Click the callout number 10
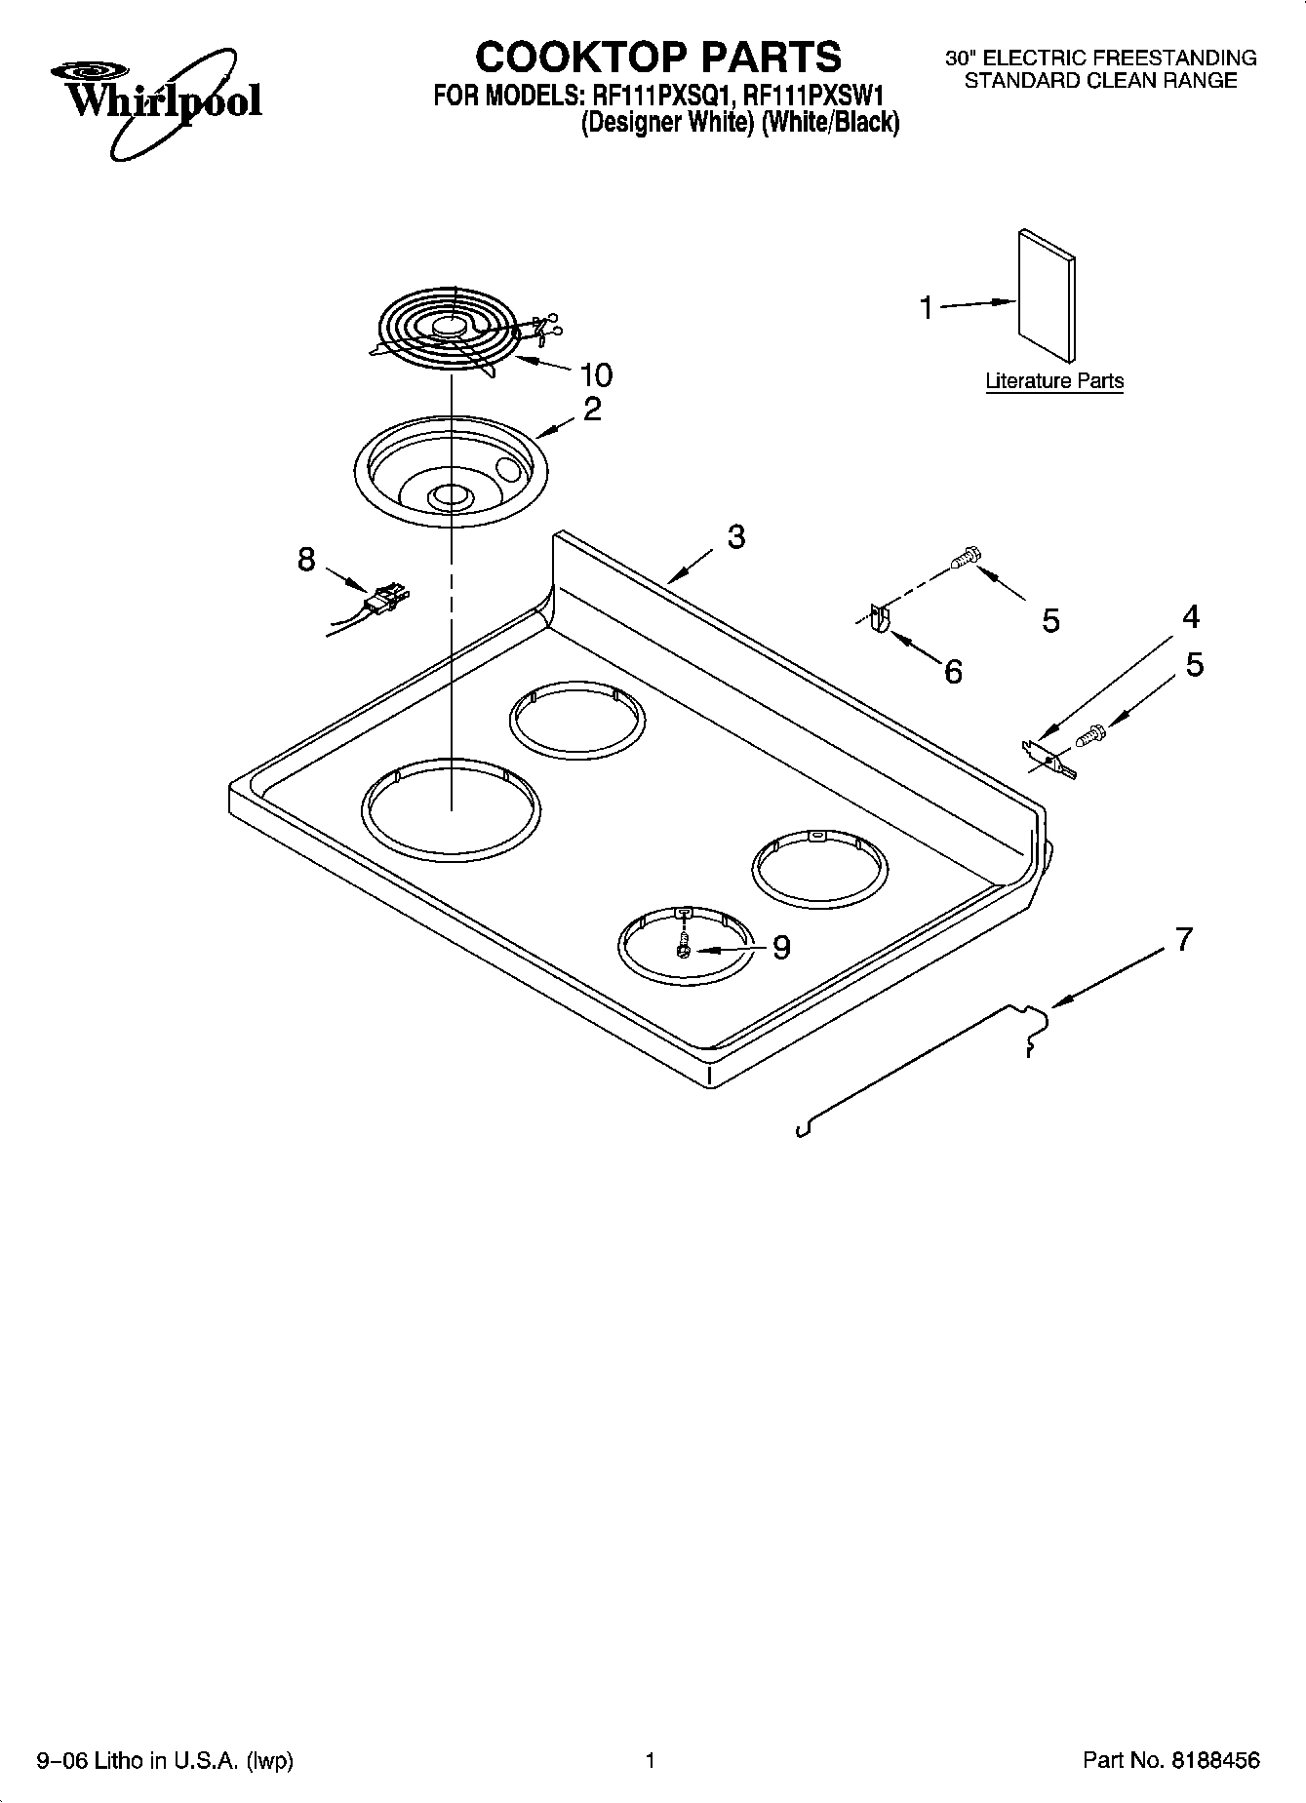pos(596,374)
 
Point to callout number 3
pos(736,536)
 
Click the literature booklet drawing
pos(1048,295)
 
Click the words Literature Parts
pos(1054,381)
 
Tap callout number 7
pos(1183,940)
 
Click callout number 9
pos(781,947)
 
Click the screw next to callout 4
pos(1090,736)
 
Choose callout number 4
pos(1191,616)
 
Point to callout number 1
pos(926,308)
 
